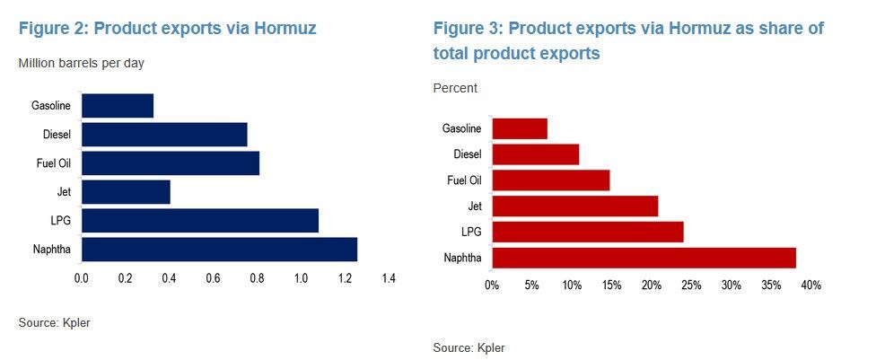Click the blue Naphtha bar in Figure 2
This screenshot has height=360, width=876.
click(219, 249)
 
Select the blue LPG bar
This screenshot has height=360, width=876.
click(199, 221)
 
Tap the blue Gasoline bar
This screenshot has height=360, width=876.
click(117, 106)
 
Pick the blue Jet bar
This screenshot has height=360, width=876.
click(126, 192)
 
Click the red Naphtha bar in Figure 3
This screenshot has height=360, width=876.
click(644, 258)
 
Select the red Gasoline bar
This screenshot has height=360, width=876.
click(520, 128)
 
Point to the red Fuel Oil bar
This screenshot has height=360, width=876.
click(551, 180)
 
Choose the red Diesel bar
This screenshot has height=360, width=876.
click(536, 154)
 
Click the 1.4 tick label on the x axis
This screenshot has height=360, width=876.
click(388, 279)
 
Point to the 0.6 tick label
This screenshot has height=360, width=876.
click(213, 279)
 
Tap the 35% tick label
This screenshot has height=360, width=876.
click(771, 285)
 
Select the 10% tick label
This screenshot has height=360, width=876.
click(572, 285)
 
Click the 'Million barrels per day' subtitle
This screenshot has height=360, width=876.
click(81, 63)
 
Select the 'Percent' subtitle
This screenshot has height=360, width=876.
click(455, 88)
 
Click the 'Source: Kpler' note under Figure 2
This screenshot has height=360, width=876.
click(54, 322)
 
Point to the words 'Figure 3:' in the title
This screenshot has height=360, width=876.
click(467, 29)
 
